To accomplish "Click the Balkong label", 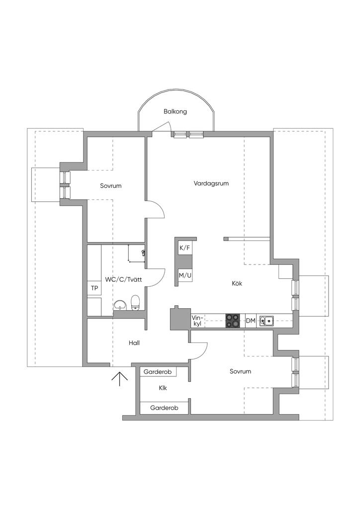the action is (x=175, y=112).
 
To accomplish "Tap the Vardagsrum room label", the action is (x=211, y=183).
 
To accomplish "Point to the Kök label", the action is (x=237, y=283).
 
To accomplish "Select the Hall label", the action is (x=134, y=343).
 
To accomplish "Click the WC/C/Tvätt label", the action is (x=123, y=279).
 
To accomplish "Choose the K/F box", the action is (x=184, y=249).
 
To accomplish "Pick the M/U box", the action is (x=185, y=276).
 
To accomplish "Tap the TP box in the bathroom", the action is (x=94, y=288).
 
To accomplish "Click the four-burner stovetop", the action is (x=233, y=321).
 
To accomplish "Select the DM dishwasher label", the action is (x=251, y=321).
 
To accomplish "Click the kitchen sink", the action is (x=267, y=321).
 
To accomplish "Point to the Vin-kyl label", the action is (x=197, y=321).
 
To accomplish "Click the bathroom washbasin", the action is (x=120, y=305).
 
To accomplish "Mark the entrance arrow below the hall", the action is (x=120, y=379).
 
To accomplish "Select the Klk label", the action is (x=163, y=388).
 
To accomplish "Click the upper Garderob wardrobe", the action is (x=158, y=372).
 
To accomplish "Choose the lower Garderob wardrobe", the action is (x=164, y=408).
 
